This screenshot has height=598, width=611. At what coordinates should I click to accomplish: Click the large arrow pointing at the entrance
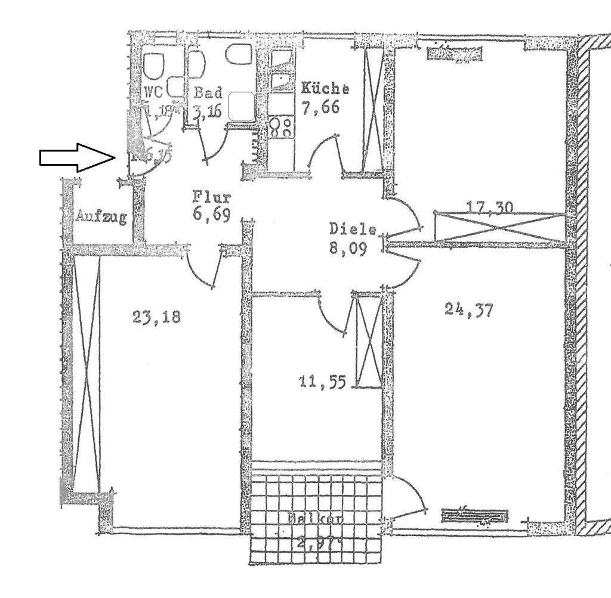coord(77,157)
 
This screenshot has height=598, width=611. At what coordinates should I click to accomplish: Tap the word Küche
coord(325,89)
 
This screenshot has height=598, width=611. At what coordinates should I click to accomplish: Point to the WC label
coord(153,93)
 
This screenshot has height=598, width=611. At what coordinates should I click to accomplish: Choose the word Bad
coord(208,93)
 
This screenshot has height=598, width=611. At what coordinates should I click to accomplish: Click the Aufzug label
coord(101,217)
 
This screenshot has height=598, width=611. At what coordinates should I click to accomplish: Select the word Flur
coord(211,196)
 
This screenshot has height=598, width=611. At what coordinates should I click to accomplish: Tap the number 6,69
coord(211,215)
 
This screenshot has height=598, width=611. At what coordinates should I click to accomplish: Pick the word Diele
coord(353,229)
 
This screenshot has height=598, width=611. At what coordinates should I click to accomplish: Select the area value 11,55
coord(322,381)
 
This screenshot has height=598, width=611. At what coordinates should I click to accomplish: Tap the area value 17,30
coord(489,207)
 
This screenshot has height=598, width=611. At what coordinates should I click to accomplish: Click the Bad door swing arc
coord(216,145)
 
